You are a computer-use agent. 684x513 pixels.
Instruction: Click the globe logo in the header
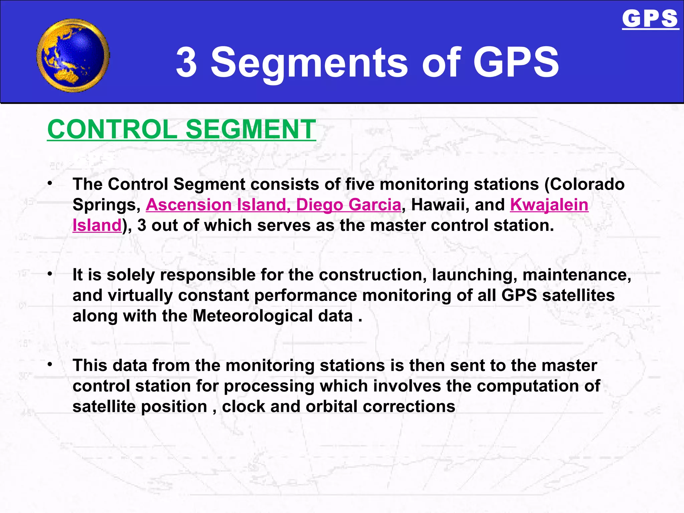pos(73,55)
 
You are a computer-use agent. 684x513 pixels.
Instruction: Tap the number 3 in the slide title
pos(186,62)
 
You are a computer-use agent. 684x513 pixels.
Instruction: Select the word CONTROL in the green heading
pos(112,130)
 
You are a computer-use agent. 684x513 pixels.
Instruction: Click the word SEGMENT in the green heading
pos(250,130)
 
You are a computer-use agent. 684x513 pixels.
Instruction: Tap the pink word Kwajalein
pos(549,205)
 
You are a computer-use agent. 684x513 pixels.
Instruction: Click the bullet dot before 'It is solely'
pos(50,274)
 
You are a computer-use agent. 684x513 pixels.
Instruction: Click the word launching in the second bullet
pos(474,275)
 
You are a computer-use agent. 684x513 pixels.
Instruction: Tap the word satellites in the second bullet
pos(578,296)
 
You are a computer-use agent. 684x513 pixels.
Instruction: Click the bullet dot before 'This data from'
pos(50,364)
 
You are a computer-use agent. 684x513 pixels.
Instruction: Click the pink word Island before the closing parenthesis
pos(97,225)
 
